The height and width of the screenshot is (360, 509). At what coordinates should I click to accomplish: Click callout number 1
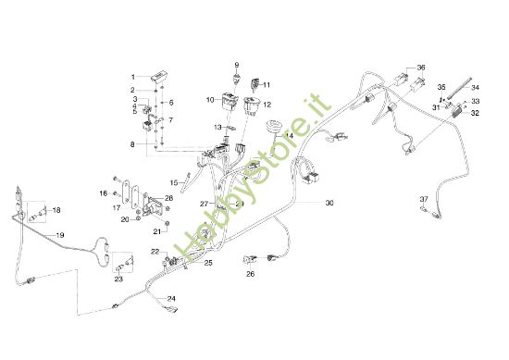point(132,77)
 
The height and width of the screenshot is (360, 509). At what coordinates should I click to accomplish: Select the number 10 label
point(210,99)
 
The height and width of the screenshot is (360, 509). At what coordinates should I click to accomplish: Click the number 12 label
point(267,106)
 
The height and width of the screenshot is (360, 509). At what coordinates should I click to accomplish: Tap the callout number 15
point(173,183)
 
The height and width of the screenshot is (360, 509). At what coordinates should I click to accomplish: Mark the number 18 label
point(56,211)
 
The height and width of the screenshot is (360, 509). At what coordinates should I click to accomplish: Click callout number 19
point(60,236)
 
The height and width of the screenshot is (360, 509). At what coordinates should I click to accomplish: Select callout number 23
point(119,279)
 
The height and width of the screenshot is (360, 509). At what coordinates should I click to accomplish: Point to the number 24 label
point(171,298)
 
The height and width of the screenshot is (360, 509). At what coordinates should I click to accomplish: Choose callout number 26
point(250,274)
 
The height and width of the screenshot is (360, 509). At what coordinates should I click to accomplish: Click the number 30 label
point(329,202)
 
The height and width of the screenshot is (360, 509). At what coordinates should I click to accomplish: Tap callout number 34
point(476,88)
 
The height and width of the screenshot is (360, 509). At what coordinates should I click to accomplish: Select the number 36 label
point(421,68)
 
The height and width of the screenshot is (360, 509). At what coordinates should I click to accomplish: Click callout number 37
point(424,199)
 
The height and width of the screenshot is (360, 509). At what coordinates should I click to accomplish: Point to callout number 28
point(168,198)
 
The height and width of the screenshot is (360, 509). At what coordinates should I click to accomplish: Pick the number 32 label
point(475,113)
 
